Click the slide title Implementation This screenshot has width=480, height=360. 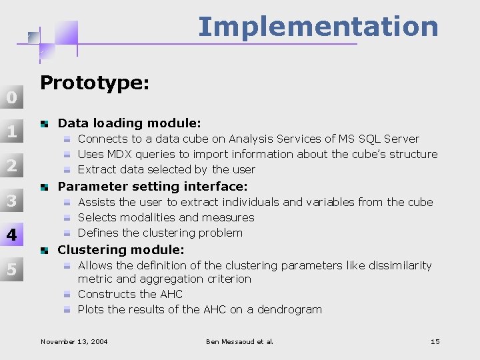tap(318, 27)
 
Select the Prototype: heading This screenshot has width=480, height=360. tap(95, 83)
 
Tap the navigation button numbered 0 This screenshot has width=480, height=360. tap(11, 97)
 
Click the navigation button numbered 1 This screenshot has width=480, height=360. tap(11, 131)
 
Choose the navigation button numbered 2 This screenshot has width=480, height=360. tap(11, 166)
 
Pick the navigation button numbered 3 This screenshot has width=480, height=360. tap(11, 201)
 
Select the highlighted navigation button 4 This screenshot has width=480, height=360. tap(11, 235)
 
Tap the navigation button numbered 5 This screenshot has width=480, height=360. tap(11, 269)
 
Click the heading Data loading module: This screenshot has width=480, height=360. tap(129, 123)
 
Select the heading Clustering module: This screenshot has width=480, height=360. tap(121, 250)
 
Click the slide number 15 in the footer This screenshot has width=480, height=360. tap(435, 342)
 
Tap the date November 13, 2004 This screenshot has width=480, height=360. tap(74, 342)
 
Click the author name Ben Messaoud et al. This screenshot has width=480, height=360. tap(240, 342)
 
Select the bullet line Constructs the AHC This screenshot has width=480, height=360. tap(130, 294)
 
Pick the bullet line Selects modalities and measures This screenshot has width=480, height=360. tap(166, 217)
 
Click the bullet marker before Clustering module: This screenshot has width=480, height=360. tap(45, 251)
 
